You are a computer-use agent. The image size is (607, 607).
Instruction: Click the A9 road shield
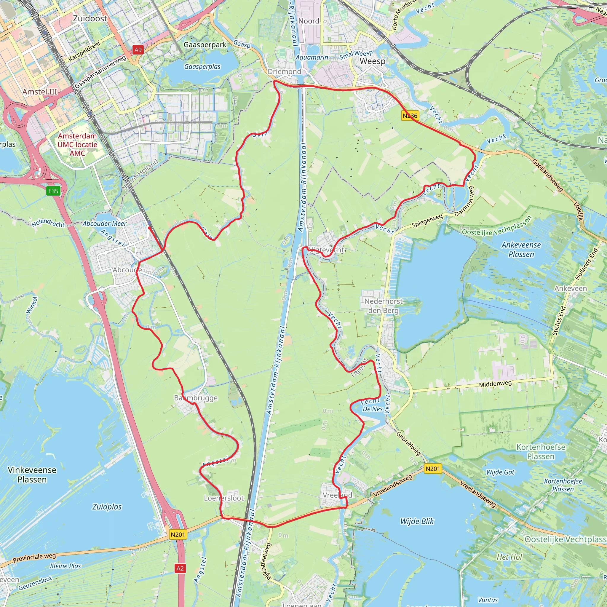point(138,49)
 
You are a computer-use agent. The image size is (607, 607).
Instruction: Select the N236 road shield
point(410,116)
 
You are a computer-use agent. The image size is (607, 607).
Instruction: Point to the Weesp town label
point(372,61)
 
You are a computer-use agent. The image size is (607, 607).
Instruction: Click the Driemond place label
point(284,72)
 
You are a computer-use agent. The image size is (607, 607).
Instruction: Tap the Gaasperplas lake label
point(202,67)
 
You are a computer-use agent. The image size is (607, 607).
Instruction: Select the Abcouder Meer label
point(104,223)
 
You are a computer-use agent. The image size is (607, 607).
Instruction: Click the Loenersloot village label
point(224,498)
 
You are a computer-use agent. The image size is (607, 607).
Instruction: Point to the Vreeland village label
point(337,495)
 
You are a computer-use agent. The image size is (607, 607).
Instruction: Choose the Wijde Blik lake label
point(417,522)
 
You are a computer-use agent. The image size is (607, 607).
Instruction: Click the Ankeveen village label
point(570,288)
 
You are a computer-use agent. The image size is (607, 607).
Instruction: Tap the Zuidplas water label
point(107,507)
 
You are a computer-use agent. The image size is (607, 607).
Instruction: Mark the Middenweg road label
point(495,384)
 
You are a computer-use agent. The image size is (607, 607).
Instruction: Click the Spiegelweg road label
point(427,221)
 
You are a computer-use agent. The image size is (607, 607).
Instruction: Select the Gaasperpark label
point(205,45)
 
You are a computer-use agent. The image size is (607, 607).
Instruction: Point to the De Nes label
point(373,409)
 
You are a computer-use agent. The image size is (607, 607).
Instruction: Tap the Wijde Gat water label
point(500,472)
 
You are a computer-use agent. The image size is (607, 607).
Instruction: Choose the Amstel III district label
point(40,92)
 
